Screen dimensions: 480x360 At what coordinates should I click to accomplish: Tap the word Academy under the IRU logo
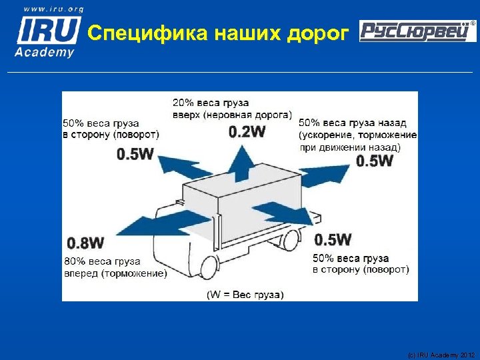[x=45, y=52]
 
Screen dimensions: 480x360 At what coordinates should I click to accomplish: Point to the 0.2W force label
[x=246, y=131]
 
